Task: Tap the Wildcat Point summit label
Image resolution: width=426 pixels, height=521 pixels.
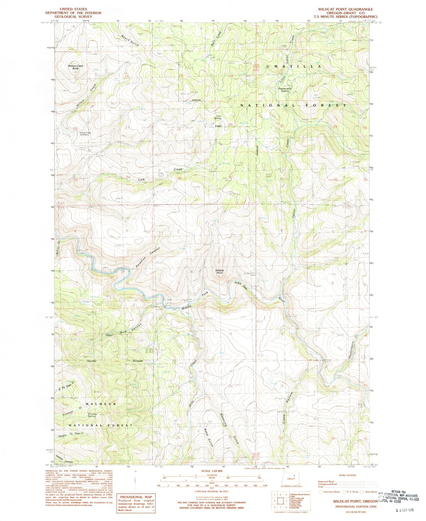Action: tap(220, 271)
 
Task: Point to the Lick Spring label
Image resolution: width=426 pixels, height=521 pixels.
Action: tap(218, 117)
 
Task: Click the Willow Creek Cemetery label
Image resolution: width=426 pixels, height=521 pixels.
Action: tap(84, 134)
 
